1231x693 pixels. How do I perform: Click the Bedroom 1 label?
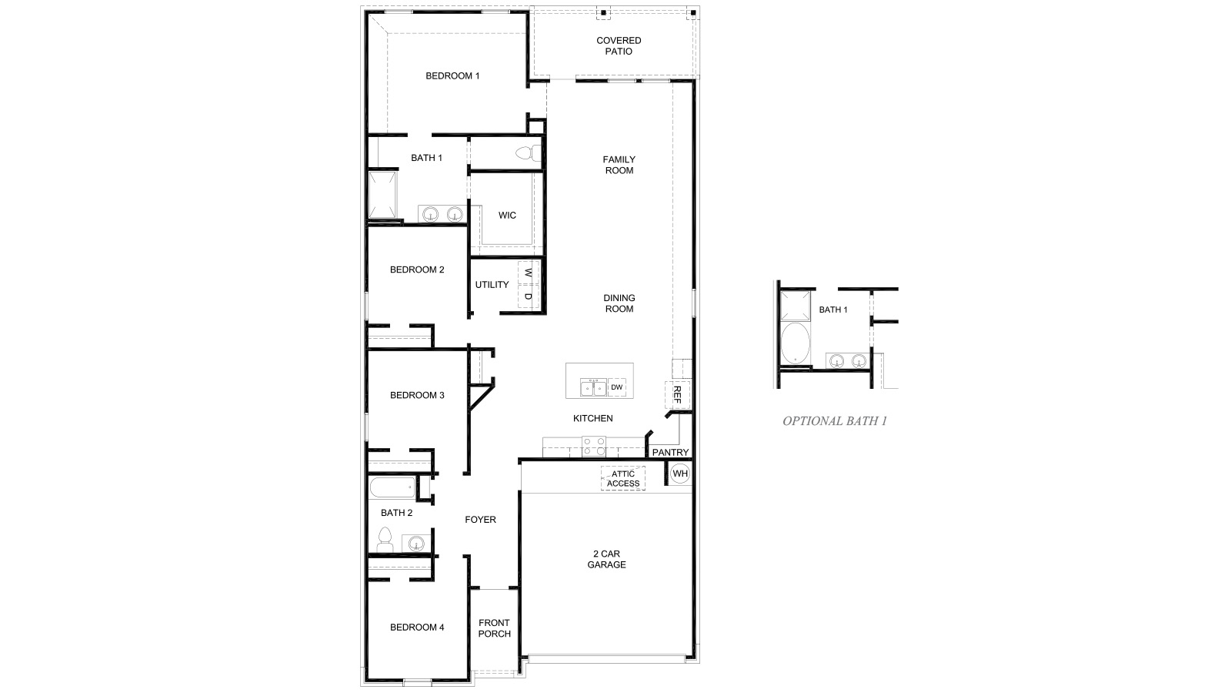pyautogui.click(x=452, y=75)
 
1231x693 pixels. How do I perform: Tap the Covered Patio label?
pyautogui.click(x=619, y=45)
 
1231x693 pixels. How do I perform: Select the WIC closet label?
pyautogui.click(x=507, y=215)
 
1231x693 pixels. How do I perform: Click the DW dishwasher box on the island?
pyautogui.click(x=617, y=387)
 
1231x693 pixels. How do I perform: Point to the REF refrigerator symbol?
pyautogui.click(x=677, y=394)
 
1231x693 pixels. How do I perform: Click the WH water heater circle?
pyautogui.click(x=680, y=473)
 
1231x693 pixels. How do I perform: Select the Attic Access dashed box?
pyautogui.click(x=623, y=479)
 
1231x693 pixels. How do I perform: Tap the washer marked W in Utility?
pyautogui.click(x=529, y=273)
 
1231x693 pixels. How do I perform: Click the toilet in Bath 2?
pyautogui.click(x=385, y=539)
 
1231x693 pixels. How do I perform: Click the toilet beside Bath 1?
pyautogui.click(x=528, y=153)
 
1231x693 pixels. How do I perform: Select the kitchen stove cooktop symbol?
pyautogui.click(x=593, y=447)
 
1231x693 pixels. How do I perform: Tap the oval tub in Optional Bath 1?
pyautogui.click(x=795, y=343)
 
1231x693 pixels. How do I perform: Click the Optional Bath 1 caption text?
pyautogui.click(x=835, y=421)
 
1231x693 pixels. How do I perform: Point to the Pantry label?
pyautogui.click(x=670, y=452)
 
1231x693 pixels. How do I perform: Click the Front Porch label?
pyautogui.click(x=494, y=628)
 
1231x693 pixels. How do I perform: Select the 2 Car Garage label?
pyautogui.click(x=607, y=559)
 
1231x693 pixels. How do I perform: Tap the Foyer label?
pyautogui.click(x=480, y=520)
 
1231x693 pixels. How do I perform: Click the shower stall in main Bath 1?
pyautogui.click(x=382, y=195)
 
